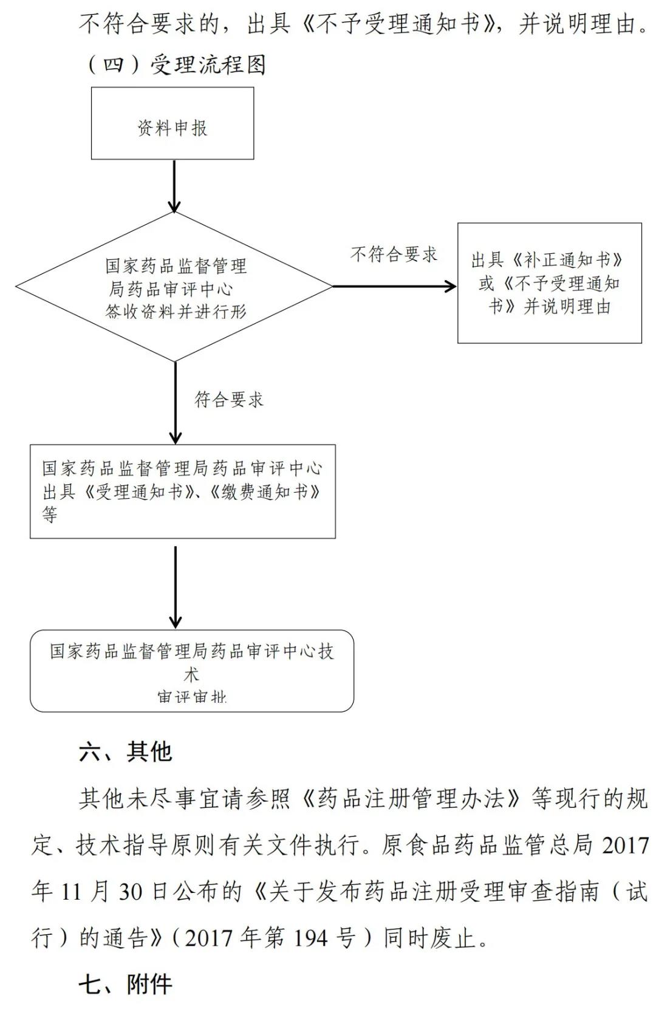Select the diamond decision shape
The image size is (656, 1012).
point(175,287)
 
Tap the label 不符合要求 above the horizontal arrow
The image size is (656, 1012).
point(394,254)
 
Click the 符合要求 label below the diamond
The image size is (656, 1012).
point(229,399)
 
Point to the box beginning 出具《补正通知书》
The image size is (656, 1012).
point(549,283)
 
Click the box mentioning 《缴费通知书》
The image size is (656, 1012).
point(182,491)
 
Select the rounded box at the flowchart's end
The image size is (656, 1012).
point(191,671)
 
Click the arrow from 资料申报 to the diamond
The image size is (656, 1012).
point(174,186)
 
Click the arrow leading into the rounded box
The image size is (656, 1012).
point(175,586)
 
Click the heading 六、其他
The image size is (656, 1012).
point(126,752)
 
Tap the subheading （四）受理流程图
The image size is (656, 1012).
point(176,64)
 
